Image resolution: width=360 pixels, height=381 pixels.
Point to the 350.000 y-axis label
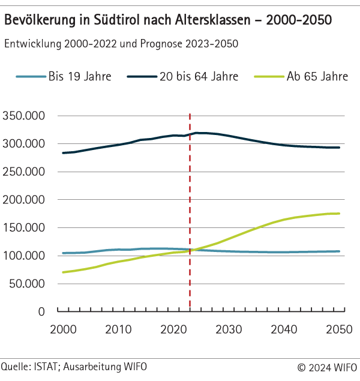(25, 116)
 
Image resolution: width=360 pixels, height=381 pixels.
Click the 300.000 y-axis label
(25, 144)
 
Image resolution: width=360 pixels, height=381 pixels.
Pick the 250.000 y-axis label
(25, 172)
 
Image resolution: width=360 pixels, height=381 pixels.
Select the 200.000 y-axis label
(25, 200)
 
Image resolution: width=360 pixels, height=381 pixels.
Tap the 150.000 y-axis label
(25, 228)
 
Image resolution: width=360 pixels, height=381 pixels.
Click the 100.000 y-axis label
(25, 256)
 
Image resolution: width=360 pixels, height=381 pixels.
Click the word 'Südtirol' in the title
(116, 20)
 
